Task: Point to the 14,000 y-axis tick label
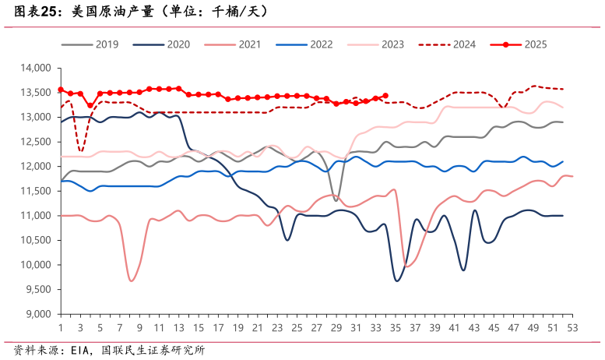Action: tap(34, 69)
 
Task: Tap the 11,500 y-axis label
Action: tap(34, 191)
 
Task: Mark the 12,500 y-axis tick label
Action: tap(34, 142)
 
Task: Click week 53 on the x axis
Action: tap(572, 328)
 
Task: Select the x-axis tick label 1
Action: tap(61, 328)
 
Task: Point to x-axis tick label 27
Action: tap(316, 328)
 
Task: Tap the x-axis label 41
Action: tap(454, 328)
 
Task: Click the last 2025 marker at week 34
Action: tap(385, 96)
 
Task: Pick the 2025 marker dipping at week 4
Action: tap(90, 105)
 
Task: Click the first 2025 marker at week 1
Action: tap(61, 90)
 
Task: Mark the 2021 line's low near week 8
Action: tap(132, 281)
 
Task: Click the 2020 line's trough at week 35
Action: tap(397, 281)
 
